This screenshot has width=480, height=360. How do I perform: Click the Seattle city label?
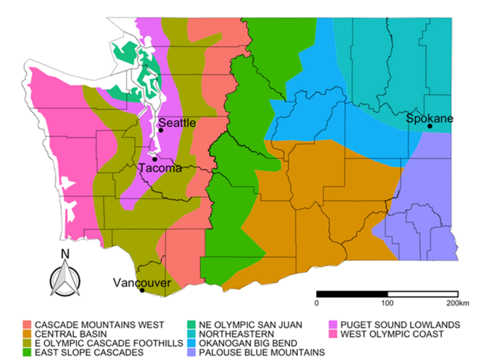click(178, 123)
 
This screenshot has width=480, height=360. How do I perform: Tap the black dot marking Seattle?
click(160, 130)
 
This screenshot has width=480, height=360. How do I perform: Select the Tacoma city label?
click(159, 168)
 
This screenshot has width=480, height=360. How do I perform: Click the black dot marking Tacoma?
click(154, 160)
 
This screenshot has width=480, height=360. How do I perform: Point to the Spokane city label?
click(430, 119)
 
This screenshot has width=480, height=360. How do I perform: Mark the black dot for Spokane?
click(430, 127)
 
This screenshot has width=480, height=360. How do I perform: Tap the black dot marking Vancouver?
click(142, 290)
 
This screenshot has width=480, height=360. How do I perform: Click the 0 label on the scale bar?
click(317, 302)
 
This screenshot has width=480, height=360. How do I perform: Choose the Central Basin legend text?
click(65, 334)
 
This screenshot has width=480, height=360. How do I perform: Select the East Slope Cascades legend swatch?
click(27, 352)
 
